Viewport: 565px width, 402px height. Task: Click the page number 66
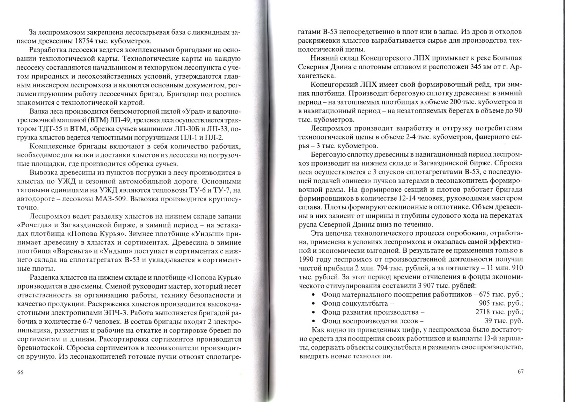20,372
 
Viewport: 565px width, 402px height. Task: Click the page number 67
521,372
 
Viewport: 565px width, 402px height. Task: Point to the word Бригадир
182,94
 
